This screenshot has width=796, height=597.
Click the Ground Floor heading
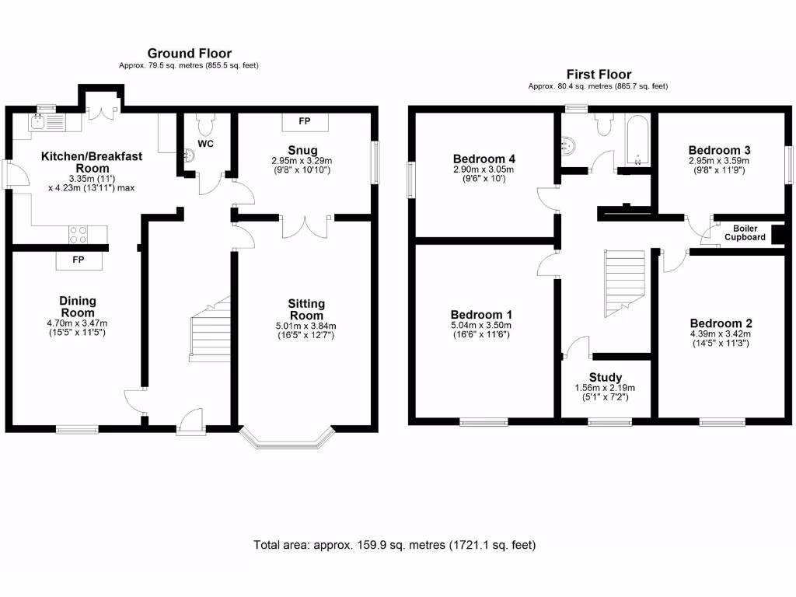coord(189,54)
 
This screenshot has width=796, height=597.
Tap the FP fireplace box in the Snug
coord(305,122)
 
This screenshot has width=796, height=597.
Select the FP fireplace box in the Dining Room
coord(79,260)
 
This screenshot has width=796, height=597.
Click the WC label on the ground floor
coord(206,145)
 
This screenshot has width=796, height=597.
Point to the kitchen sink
coord(38,122)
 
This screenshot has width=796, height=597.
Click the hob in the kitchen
coord(79,232)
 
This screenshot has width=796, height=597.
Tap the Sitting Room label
coord(305,309)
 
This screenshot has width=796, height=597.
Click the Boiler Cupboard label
coord(745,233)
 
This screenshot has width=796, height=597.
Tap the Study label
coord(606,378)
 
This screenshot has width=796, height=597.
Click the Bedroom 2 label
coord(721,323)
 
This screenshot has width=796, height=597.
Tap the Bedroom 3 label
coord(720,150)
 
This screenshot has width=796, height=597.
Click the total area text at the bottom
coord(394,545)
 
